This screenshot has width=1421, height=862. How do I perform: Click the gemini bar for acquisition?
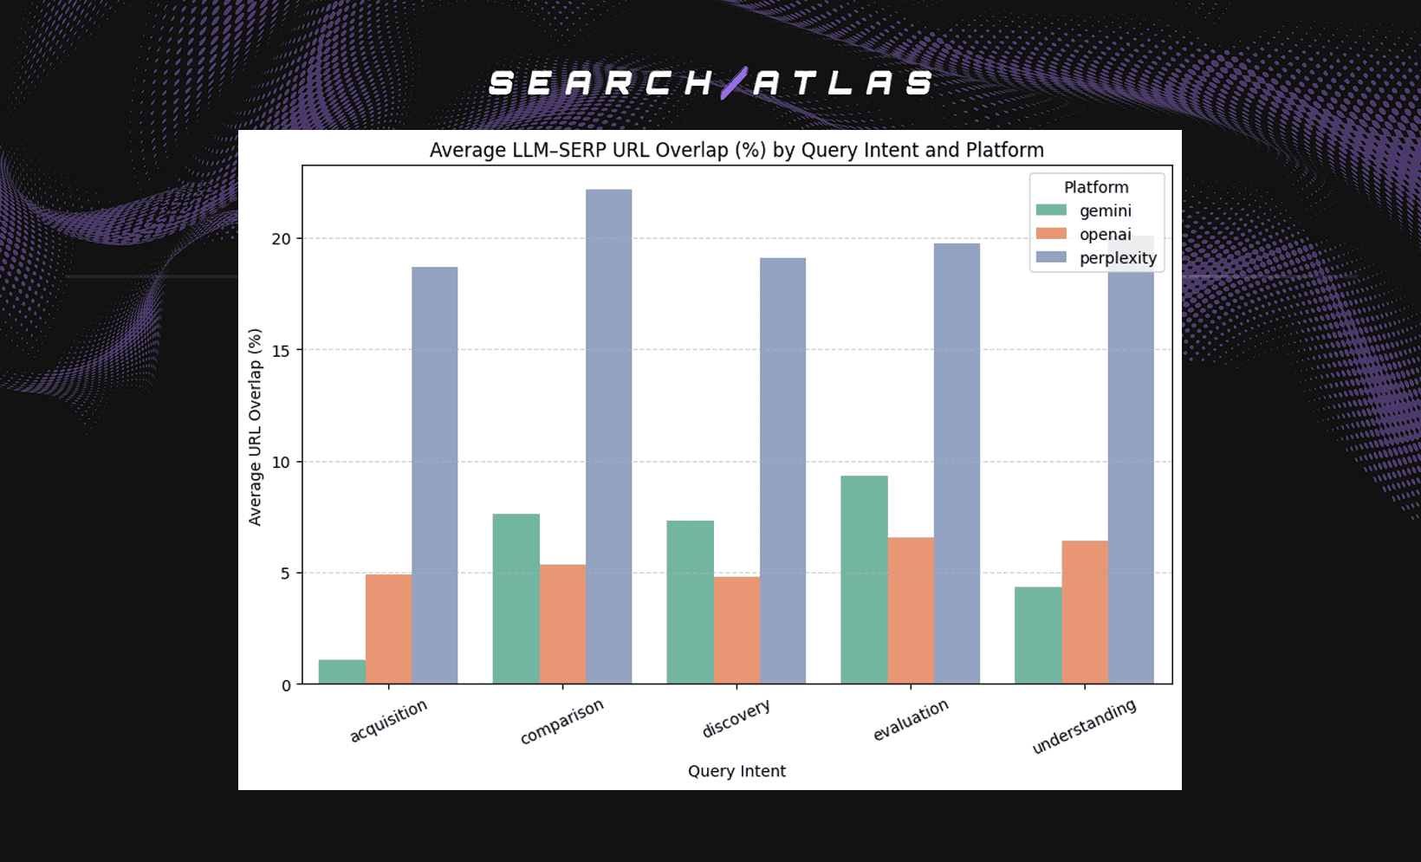[341, 672]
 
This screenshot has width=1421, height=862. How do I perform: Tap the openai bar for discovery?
[736, 630]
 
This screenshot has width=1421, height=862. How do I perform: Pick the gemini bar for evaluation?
[864, 580]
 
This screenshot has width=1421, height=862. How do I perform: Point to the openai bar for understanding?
[1085, 612]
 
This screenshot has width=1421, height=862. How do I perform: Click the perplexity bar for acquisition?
[434, 476]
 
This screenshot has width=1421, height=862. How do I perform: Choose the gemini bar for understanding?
[1038, 635]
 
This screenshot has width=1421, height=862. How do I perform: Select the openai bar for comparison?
[562, 624]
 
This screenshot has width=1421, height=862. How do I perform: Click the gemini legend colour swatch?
[1051, 211]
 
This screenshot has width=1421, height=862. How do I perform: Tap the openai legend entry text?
[1105, 235]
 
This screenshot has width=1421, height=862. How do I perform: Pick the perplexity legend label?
[1118, 258]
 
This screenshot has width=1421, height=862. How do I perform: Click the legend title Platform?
[1096, 187]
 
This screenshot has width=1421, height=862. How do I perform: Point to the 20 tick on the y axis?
[282, 239]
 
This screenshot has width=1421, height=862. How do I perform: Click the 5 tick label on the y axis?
[286, 574]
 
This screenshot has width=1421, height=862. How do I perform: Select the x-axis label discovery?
[736, 719]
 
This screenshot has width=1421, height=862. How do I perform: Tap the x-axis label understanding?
[1084, 726]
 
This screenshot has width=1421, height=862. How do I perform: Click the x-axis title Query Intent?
[736, 771]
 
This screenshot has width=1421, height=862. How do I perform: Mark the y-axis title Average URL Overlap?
[256, 426]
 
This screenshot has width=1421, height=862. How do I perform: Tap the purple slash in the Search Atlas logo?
[734, 83]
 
